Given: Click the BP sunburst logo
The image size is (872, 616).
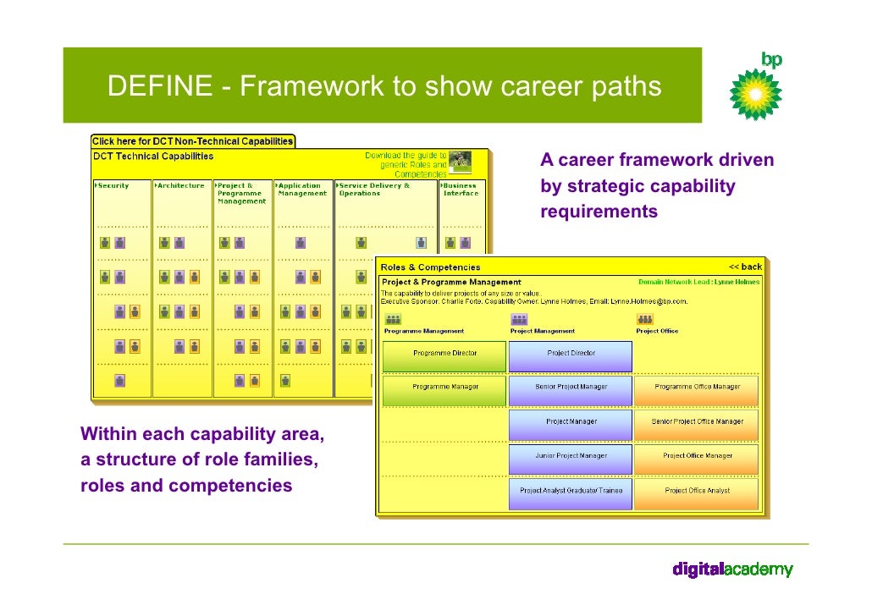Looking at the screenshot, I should pos(756,93).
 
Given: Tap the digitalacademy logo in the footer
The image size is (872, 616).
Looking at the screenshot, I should pos(732,569).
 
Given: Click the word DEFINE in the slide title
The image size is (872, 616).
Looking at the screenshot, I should pos(160,86).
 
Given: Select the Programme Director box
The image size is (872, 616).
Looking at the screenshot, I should pos(444,354).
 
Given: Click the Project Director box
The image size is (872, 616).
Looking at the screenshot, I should pos(571,354).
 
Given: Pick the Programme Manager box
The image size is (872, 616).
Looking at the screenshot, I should pos(444,388).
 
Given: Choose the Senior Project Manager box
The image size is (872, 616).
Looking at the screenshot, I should pos(571,388).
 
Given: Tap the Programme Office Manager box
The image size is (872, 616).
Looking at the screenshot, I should pos(697,388).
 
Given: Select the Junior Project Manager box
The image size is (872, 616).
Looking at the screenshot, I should pos(571,456).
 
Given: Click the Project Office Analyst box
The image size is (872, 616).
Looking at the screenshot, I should pos(697,491).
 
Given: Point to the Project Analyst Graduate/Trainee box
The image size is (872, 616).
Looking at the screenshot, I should pos(571,491).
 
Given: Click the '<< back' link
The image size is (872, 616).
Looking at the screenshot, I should pos(745,267).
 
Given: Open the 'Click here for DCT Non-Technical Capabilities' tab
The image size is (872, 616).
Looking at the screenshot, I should pos(192,141).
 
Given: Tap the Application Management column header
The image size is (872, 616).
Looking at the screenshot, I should pos(302,190).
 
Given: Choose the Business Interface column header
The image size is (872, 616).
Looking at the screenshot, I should pos(461,190).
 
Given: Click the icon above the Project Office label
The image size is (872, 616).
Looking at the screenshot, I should pos(645,319).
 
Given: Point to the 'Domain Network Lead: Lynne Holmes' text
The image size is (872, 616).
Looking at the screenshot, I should pos(698,282).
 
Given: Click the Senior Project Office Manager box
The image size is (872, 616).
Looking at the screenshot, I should pos(697,421).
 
